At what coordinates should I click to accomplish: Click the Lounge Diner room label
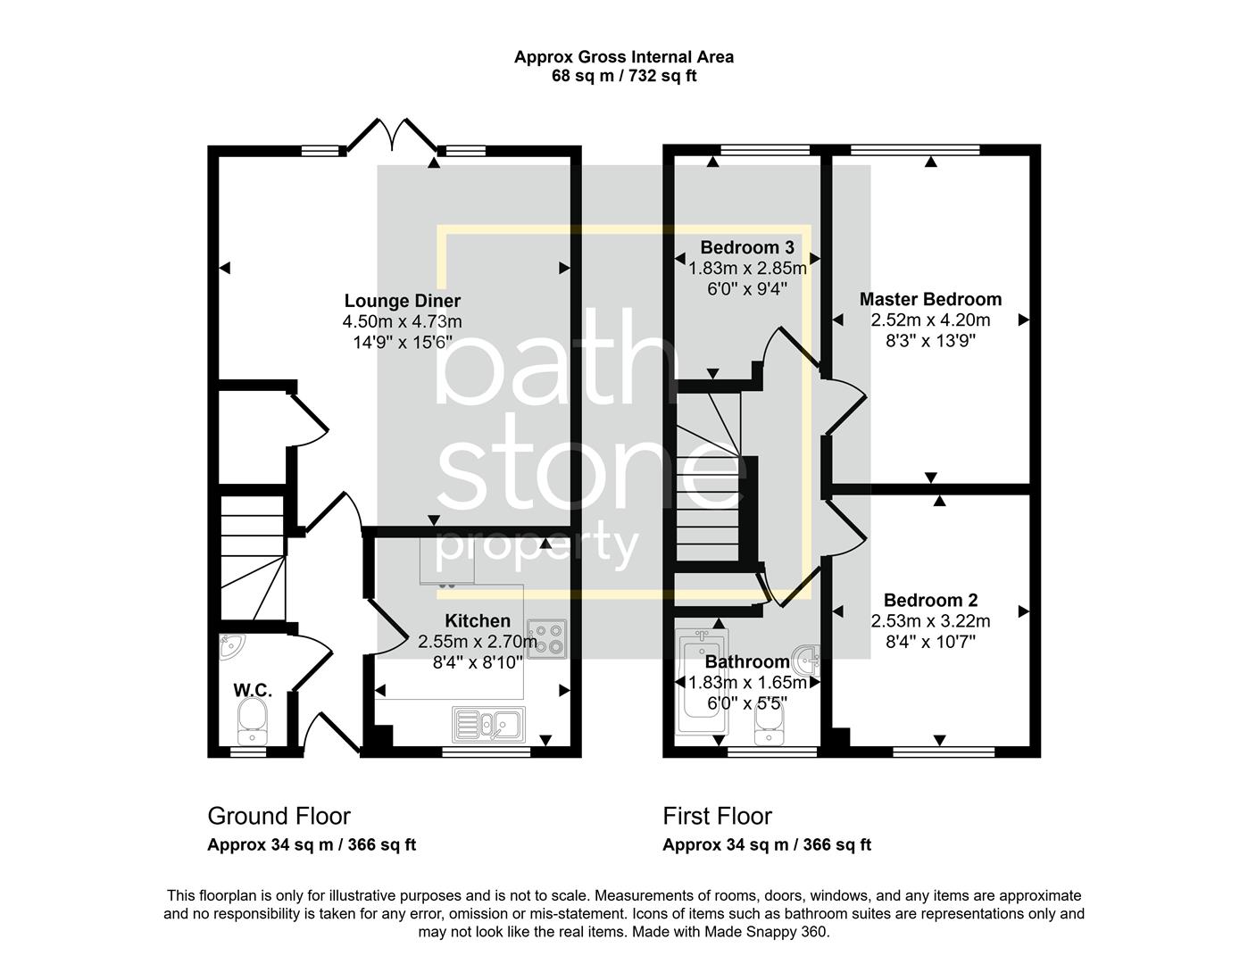pyautogui.click(x=402, y=301)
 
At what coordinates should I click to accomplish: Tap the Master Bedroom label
pyautogui.click(x=930, y=299)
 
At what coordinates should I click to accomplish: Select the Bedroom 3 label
pyautogui.click(x=746, y=247)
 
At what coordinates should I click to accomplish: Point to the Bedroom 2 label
pyautogui.click(x=930, y=601)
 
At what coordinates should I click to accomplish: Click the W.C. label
pyautogui.click(x=253, y=690)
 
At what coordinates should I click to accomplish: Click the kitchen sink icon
pyautogui.click(x=489, y=724)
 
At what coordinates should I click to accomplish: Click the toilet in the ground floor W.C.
pyautogui.click(x=253, y=719)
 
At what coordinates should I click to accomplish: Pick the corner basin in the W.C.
pyautogui.click(x=232, y=647)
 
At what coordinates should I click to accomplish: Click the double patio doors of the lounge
pyautogui.click(x=391, y=135)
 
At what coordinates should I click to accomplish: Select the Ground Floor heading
pyautogui.click(x=279, y=816)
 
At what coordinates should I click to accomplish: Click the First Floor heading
pyautogui.click(x=717, y=816)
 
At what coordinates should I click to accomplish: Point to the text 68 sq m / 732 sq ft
pyautogui.click(x=624, y=76)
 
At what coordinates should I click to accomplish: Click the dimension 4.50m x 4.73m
pyautogui.click(x=402, y=321)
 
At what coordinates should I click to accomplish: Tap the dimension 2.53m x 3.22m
pyautogui.click(x=930, y=620)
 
